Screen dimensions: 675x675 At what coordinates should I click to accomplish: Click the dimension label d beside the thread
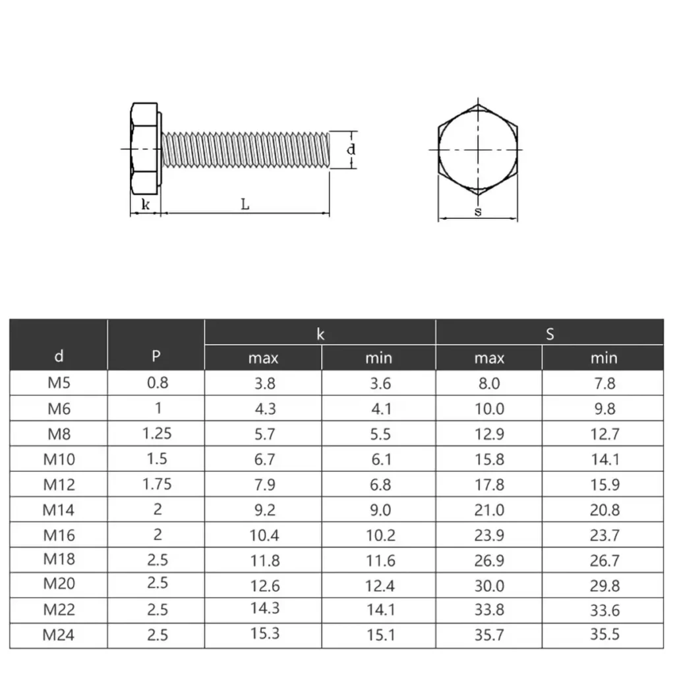(x=351, y=150)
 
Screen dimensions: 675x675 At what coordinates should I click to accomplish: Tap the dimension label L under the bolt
(x=245, y=204)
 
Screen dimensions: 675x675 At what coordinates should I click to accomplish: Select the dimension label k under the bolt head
(x=146, y=204)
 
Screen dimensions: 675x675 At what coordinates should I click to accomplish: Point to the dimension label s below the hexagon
(x=478, y=212)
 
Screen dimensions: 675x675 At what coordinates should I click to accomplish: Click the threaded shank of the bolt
(x=245, y=150)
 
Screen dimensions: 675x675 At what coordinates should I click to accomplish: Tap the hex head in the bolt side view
(x=144, y=148)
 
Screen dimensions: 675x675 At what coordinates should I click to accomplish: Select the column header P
(x=156, y=356)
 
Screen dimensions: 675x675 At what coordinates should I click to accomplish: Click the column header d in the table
(x=59, y=356)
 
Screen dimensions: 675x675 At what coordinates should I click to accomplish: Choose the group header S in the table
(x=550, y=334)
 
